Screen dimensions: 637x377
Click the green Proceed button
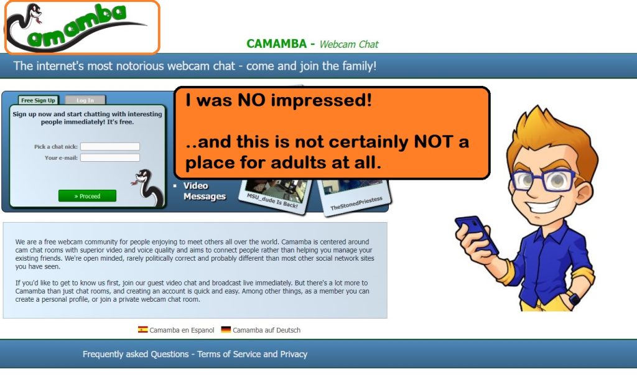click(87, 196)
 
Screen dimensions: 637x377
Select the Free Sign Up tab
click(38, 100)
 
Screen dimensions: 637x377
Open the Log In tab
click(85, 100)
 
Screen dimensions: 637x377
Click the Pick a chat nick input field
click(110, 147)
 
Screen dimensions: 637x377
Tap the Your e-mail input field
click(110, 157)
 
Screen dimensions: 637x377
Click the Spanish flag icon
click(142, 330)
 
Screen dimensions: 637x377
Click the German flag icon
click(226, 330)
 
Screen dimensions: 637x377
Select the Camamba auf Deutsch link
click(266, 330)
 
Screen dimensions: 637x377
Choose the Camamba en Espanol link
click(182, 330)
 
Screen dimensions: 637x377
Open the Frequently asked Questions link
click(136, 354)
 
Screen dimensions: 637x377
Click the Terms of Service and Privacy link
click(253, 354)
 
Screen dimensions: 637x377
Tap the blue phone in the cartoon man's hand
click(477, 234)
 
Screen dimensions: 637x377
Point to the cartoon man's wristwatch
click(574, 299)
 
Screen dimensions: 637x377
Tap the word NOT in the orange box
click(434, 142)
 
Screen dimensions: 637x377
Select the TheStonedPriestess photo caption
click(356, 203)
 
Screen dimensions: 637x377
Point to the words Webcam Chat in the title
click(348, 44)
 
